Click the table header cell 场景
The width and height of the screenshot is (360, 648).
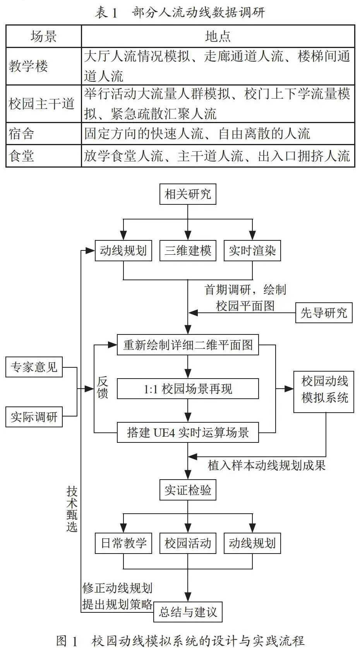point(43,36)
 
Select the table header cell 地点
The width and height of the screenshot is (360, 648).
point(218,36)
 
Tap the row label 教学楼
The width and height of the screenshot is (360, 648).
point(28,66)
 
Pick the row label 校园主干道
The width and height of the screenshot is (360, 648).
point(41,104)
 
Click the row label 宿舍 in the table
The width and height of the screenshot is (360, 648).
point(21,134)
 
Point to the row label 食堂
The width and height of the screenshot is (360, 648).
point(21,156)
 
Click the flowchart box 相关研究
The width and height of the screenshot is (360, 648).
point(188,194)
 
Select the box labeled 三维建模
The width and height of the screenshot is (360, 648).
point(188,250)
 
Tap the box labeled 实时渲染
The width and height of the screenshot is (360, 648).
point(252,250)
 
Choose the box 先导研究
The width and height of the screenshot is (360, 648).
point(324,313)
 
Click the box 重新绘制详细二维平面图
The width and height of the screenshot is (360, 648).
point(188,345)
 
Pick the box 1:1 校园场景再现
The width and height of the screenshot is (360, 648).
point(188,389)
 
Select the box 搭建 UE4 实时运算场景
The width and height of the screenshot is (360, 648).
point(188,432)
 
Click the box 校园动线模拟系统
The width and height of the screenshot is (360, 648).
point(324,392)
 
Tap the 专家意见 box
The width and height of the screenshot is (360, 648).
point(34,367)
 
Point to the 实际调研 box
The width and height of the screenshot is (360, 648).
point(34,417)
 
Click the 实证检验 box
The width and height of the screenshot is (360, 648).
point(188,490)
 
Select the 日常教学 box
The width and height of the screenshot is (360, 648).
point(123,543)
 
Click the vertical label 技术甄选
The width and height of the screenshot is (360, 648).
point(72,509)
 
